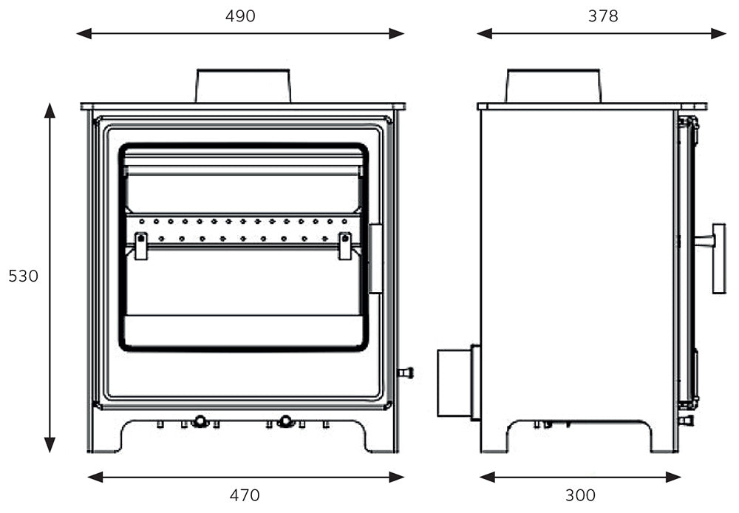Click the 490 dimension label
coord(240,16)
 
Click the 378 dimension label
coord(603,16)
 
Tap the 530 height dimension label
coord(23,276)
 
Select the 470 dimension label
coord(245,495)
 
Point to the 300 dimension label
coord(580,495)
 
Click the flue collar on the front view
coord(243,86)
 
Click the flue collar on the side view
coord(553,86)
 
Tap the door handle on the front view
coord(375,259)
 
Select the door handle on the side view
coord(717,259)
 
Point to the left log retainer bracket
coord(140,245)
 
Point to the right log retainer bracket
coord(344,245)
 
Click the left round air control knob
coord(200,421)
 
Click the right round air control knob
coord(285,421)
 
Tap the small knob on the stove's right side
coord(406,373)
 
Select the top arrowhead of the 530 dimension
coord(50,111)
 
